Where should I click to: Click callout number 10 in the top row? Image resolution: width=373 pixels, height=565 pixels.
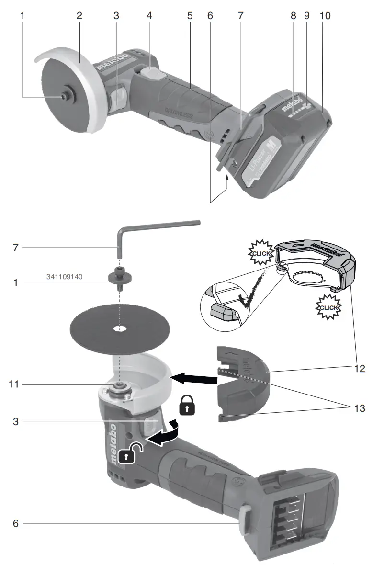coord(325,16)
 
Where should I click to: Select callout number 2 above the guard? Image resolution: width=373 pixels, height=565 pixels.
coord(79,16)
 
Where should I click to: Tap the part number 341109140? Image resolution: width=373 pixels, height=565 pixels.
coord(65,277)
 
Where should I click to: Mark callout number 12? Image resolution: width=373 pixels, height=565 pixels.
coord(360,369)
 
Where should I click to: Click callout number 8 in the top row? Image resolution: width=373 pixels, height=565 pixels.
coord(293,16)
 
